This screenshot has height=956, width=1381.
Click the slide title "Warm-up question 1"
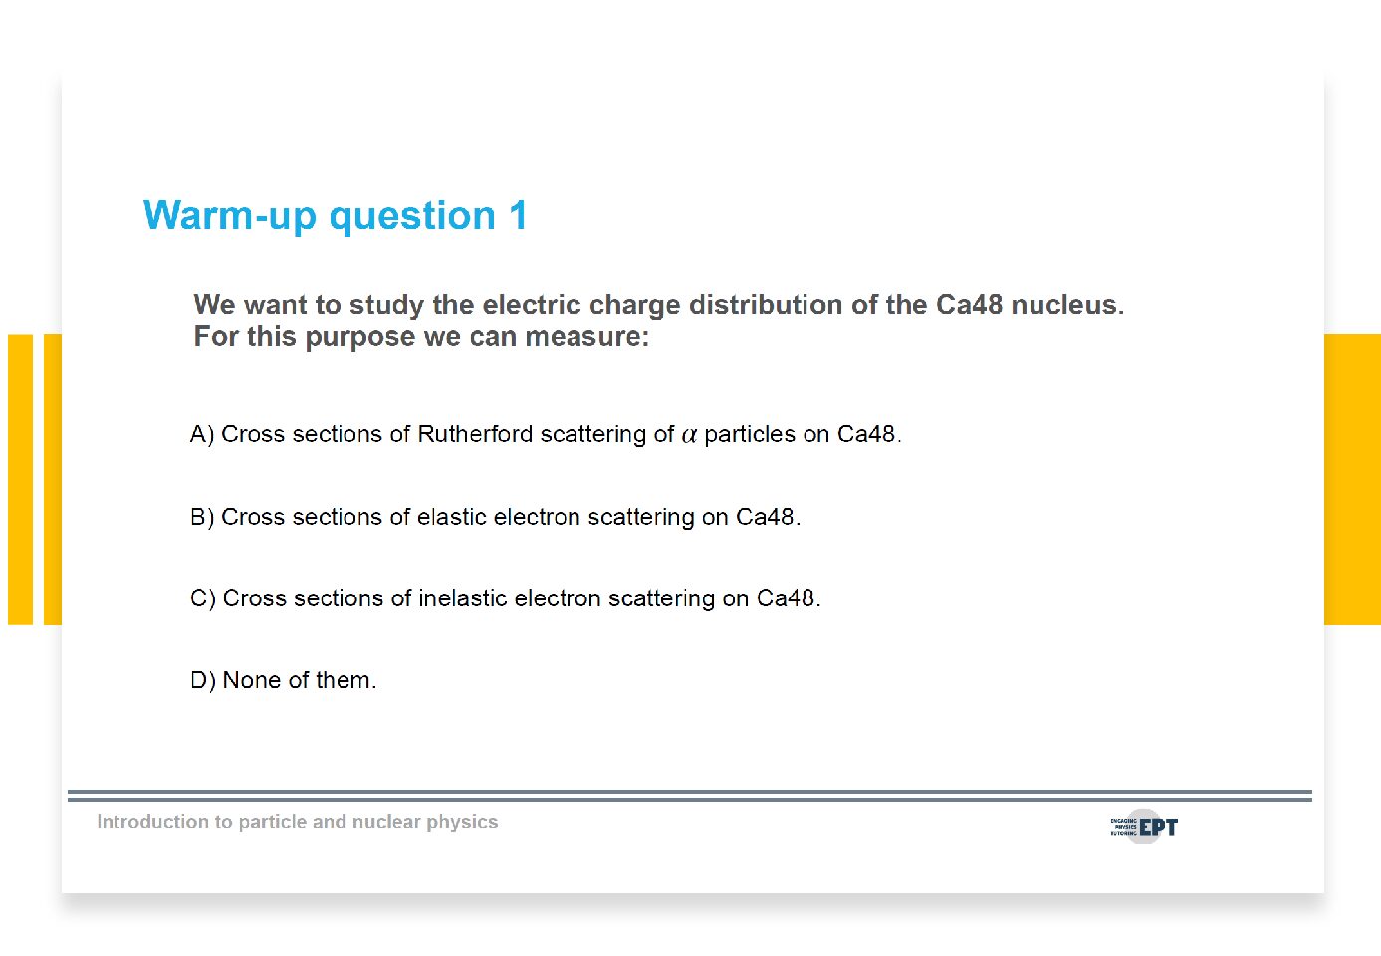[x=336, y=216]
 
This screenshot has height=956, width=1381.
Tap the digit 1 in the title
[x=518, y=215]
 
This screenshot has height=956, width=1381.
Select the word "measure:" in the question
[x=586, y=337]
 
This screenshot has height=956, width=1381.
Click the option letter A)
[x=202, y=434]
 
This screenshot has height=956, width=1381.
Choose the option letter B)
[x=202, y=517]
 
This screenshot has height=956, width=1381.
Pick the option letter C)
[x=203, y=598]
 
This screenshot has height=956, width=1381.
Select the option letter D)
[x=203, y=680]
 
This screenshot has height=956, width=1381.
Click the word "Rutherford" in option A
[x=475, y=434]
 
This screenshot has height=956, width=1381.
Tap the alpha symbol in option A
[x=689, y=436]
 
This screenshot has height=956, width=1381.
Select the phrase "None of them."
[x=299, y=680]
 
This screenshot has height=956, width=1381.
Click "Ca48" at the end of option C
[x=789, y=598]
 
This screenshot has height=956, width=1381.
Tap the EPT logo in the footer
[x=1144, y=827]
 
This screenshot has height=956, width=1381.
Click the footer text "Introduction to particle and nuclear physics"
[x=297, y=822]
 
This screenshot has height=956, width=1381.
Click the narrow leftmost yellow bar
[x=20, y=479]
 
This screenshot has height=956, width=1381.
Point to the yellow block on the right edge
[x=1353, y=479]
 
